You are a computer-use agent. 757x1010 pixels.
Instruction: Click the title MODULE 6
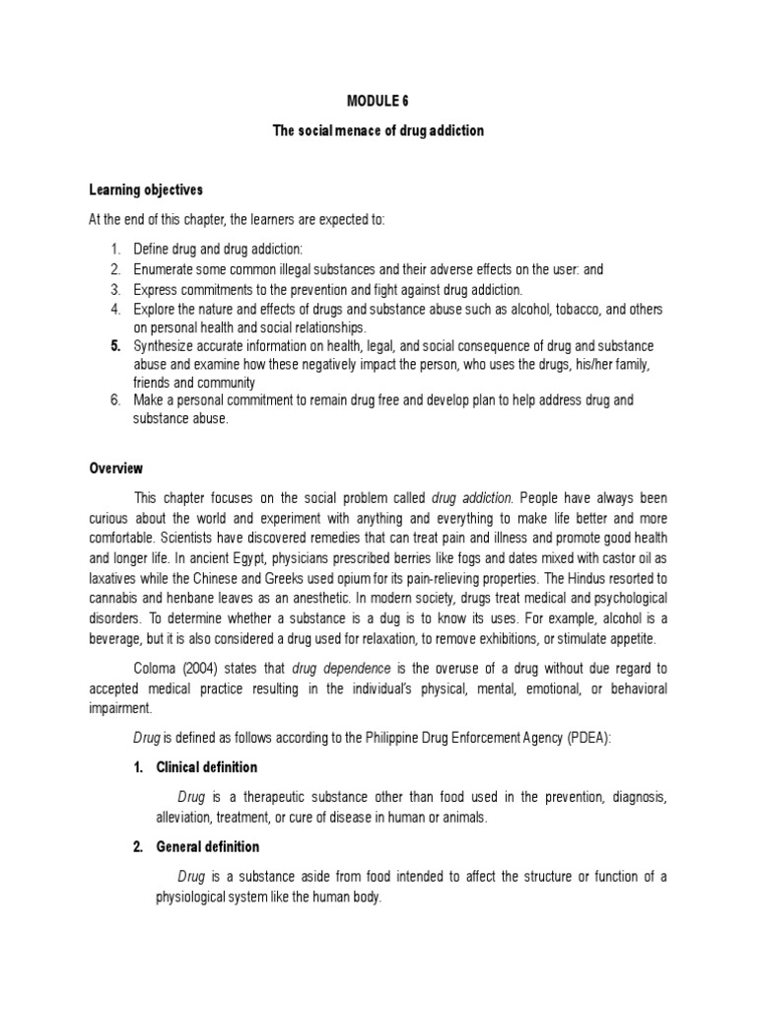(378, 101)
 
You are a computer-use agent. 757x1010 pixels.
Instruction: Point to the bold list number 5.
(115, 347)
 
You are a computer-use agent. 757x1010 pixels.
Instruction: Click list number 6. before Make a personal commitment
(115, 400)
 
